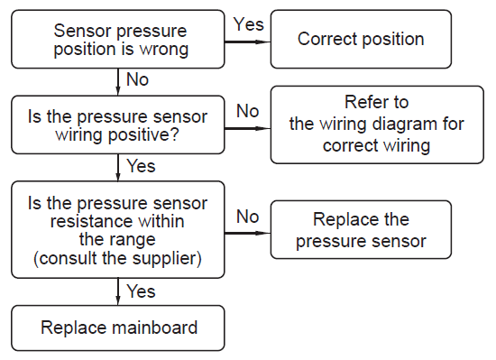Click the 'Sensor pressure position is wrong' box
[x=117, y=39]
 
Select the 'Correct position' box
[x=361, y=39]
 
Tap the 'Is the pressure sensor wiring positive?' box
[x=117, y=125]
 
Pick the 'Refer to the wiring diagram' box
[x=377, y=125]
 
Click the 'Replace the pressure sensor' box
[x=361, y=230]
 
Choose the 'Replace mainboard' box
[x=117, y=328]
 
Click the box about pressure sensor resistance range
[x=117, y=230]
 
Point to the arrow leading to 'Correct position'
[x=248, y=42]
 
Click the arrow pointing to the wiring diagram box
[x=248, y=128]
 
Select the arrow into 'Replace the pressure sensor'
[x=248, y=233]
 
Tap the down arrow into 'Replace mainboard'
[x=118, y=292]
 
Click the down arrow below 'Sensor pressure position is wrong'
[x=118, y=82]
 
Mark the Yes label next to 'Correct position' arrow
[x=248, y=24]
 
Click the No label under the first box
[x=137, y=79]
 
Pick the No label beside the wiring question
[x=248, y=111]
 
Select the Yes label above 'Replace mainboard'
[x=141, y=291]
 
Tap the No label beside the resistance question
[x=248, y=217]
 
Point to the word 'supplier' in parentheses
[x=163, y=258]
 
